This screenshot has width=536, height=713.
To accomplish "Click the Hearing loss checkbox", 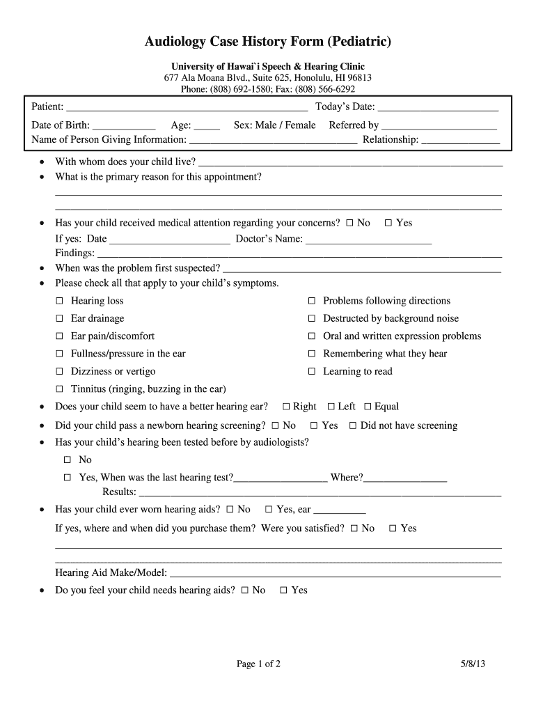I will (59, 301).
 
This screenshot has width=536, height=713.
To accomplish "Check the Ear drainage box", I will (59, 319).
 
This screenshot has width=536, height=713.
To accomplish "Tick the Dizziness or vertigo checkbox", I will (59, 372).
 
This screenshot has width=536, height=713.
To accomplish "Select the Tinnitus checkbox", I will (59, 389).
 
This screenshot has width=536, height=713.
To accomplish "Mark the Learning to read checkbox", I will (312, 372).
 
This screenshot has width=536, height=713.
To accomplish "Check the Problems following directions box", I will (312, 301).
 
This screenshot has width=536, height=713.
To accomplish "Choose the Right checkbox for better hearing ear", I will (286, 407).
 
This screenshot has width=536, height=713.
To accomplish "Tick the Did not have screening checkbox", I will (353, 425).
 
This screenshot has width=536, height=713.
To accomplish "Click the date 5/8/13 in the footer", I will (472, 664).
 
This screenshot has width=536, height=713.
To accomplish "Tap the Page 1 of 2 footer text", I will (258, 664).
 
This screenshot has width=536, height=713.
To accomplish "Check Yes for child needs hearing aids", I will (283, 590).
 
